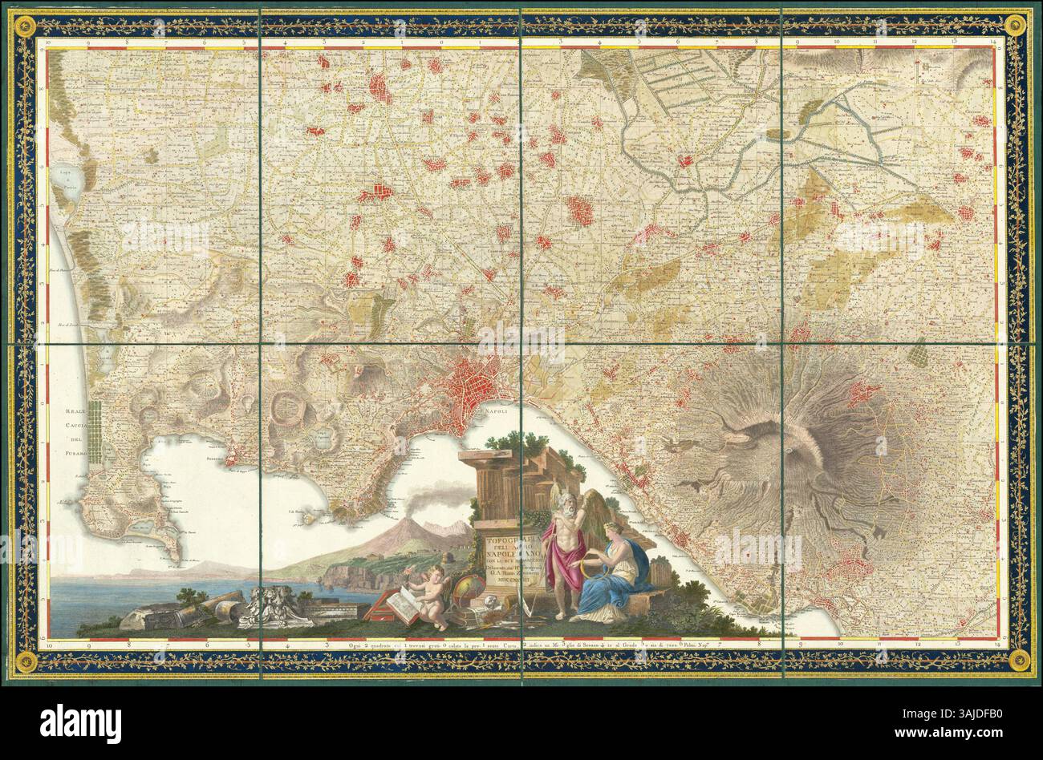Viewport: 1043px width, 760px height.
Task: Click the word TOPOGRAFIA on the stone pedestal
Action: [x=506, y=542]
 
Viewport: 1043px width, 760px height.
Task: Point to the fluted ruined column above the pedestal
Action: [x=497, y=490]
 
